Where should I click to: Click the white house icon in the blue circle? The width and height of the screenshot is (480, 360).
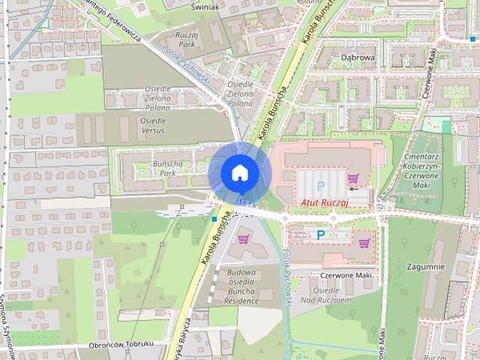click(x=239, y=172)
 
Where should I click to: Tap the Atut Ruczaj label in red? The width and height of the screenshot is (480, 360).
click(x=326, y=202)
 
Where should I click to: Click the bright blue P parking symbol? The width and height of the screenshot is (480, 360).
click(x=321, y=235)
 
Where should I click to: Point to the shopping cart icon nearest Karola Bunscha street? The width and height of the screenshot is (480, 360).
click(x=243, y=239)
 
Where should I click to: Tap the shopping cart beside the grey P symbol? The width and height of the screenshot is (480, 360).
click(x=352, y=178)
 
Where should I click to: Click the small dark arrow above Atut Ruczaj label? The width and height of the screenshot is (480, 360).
click(x=353, y=190)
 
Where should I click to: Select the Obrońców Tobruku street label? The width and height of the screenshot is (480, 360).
click(x=121, y=344)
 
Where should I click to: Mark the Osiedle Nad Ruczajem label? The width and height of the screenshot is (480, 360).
click(x=331, y=295)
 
